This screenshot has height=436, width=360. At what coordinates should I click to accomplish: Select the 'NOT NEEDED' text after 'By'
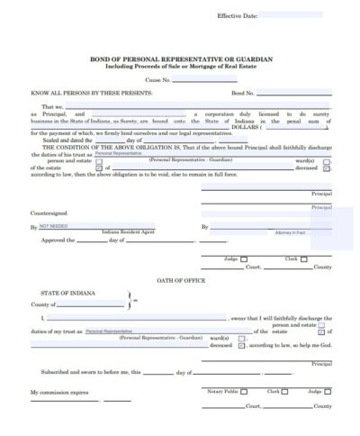click(56, 225)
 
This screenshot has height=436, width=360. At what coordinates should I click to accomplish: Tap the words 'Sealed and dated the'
click(62, 141)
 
